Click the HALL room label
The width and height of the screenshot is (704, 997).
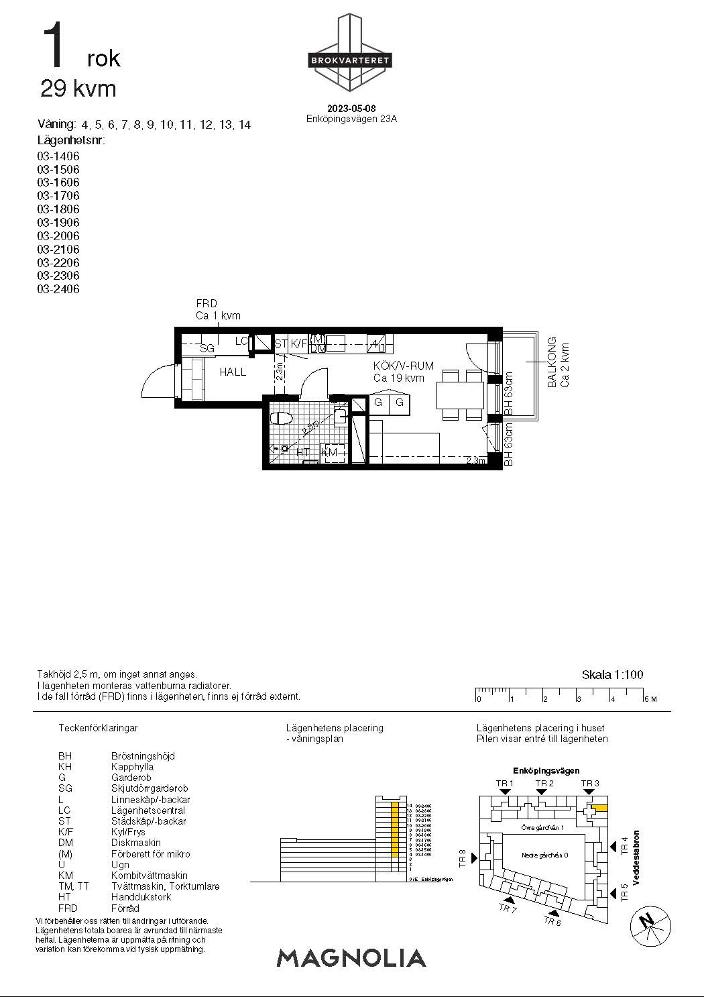(233, 372)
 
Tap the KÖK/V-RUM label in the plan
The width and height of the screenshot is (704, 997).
(403, 366)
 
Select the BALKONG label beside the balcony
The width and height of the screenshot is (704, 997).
(552, 362)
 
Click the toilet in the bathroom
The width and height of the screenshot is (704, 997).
(282, 419)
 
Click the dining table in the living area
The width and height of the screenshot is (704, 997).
(460, 395)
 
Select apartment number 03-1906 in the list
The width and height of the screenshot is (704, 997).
(58, 223)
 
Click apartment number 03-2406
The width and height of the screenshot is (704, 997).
(58, 289)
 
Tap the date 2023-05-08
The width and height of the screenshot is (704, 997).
(351, 109)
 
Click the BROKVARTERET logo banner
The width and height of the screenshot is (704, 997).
(349, 60)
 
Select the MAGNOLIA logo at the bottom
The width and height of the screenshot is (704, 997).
(351, 957)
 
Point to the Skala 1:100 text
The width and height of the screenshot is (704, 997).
(612, 675)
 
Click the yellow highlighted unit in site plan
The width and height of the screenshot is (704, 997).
(599, 808)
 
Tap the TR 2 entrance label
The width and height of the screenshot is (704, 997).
(544, 784)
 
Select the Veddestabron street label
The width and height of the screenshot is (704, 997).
(636, 858)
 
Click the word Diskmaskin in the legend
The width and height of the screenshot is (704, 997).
(135, 843)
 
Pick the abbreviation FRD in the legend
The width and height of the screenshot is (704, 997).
(67, 908)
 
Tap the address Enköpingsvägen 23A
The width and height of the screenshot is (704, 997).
(351, 119)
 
